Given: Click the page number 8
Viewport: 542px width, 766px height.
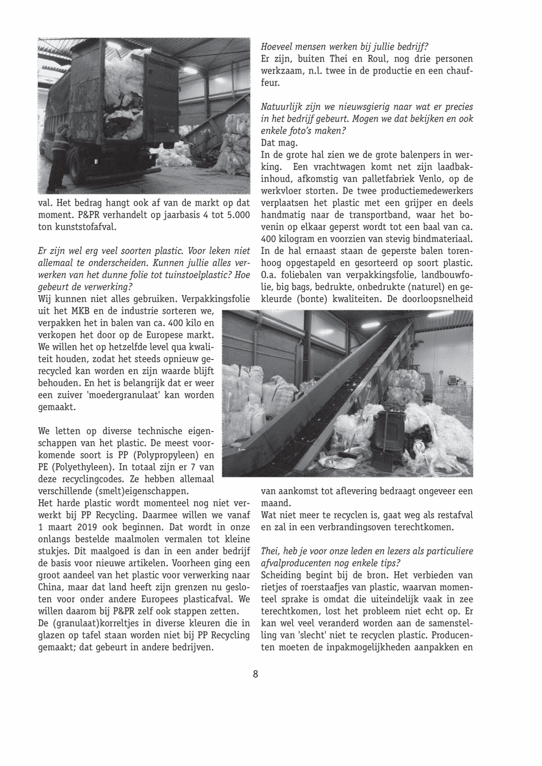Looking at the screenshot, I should [255, 674].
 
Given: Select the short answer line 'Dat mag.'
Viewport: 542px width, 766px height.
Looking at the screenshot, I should [279, 143].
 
